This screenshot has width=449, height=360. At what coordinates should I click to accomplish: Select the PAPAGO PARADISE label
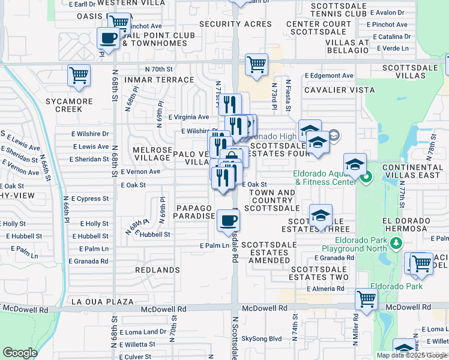pos(195,211)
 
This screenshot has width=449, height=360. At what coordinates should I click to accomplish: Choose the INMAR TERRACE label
pos(159,80)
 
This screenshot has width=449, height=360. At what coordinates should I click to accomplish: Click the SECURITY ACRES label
pos(236,24)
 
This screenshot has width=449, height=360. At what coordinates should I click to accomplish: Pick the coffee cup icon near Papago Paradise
pos(228,220)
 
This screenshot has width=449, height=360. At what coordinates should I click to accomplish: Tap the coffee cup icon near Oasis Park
pos(108,38)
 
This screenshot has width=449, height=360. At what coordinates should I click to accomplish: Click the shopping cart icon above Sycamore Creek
pos(79,76)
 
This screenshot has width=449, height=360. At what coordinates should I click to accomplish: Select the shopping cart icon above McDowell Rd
pos(366,298)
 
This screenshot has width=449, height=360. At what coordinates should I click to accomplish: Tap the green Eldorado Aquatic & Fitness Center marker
pos(367,176)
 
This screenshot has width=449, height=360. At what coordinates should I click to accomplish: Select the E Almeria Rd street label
pos(325,289)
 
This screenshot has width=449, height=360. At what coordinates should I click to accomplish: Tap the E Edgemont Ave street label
pos(329,76)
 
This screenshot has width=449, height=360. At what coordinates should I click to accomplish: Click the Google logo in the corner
pos(20,353)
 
